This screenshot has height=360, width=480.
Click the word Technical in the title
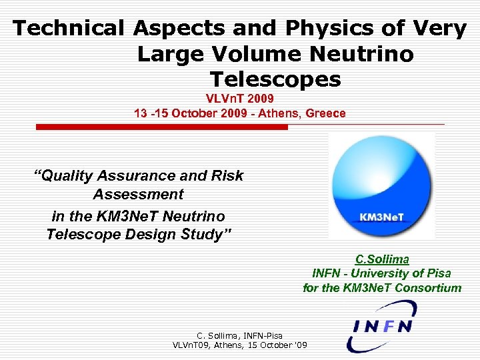[69, 29]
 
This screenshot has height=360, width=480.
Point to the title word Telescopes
[275, 79]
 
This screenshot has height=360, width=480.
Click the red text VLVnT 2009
[239, 99]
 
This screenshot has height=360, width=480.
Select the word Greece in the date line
[325, 113]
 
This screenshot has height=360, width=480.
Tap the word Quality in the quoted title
[67, 176]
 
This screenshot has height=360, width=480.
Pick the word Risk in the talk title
[227, 176]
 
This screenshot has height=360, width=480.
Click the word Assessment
[138, 195]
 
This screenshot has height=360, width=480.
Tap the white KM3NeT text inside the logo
[377, 217]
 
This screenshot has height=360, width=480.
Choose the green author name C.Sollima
[382, 259]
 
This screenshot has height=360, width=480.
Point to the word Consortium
[428, 288]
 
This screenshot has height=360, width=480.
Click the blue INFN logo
[381, 326]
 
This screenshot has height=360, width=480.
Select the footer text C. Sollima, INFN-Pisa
[239, 335]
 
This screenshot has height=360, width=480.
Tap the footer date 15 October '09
[274, 345]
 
